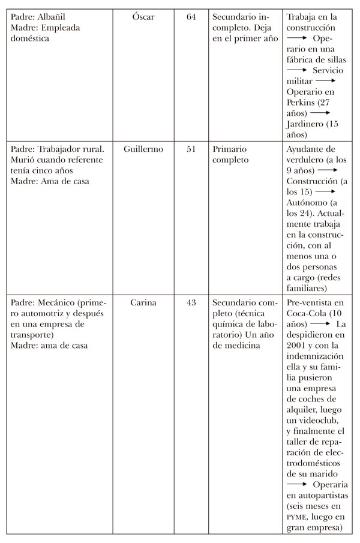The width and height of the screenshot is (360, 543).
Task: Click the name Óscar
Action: coord(143,17)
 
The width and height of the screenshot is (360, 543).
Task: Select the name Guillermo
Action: coord(143,149)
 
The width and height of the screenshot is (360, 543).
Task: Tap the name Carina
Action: coord(143,303)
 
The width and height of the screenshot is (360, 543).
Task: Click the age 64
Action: coord(191,17)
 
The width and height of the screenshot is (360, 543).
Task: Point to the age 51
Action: coord(191,149)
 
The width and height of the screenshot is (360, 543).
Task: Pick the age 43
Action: coord(191,303)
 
